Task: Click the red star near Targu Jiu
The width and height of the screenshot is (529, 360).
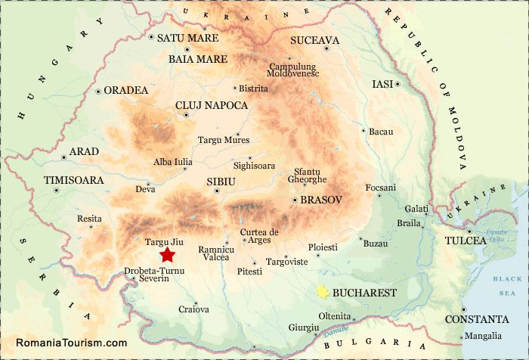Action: pyautogui.click(x=167, y=254)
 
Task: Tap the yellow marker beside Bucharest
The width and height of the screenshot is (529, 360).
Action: pyautogui.click(x=323, y=292)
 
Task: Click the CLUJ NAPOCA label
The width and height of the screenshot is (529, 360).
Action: pyautogui.click(x=211, y=105)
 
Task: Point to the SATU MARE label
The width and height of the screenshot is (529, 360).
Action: pyautogui.click(x=187, y=38)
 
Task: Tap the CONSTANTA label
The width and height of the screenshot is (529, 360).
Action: pyautogui.click(x=476, y=319)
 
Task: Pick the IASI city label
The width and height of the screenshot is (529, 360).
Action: pyautogui.click(x=382, y=84)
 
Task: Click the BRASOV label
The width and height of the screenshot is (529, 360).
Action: pyautogui.click(x=321, y=200)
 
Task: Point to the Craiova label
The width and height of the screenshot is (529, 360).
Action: pyautogui.click(x=193, y=309)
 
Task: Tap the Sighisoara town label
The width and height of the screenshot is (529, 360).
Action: pyautogui.click(x=254, y=165)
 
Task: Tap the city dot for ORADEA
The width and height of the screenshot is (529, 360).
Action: pyautogui.click(x=98, y=92)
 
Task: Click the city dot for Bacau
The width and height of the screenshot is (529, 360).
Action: pyautogui.click(x=364, y=130)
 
